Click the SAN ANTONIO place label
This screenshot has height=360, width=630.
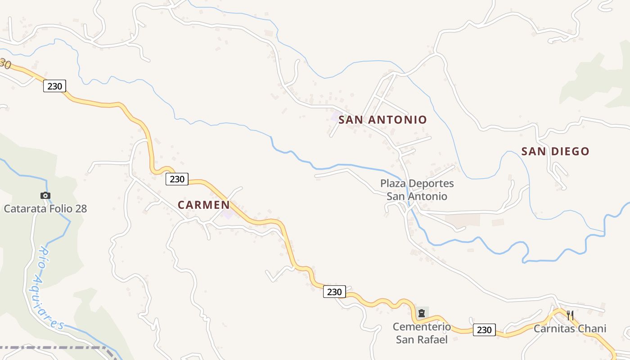coord(382,120)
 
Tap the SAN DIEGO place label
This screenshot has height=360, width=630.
coord(555,152)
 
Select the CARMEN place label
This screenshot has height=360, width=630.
coord(203,205)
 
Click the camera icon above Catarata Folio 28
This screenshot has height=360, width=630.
coord(45,195)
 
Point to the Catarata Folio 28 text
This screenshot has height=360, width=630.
coord(45,209)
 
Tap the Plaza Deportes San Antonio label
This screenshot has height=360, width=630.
coord(417,190)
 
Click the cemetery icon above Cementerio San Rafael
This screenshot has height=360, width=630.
coord(422,313)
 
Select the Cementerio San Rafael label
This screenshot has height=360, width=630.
coord(422,333)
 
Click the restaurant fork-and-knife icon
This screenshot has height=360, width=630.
coord(570,315)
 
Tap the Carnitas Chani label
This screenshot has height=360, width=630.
coord(570,329)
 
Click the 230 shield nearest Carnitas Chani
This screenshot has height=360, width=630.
coord(484,330)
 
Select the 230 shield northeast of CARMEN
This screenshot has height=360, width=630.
coord(177,179)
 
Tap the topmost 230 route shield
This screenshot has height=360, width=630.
coord(54,86)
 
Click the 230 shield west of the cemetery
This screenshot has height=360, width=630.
coord(334,292)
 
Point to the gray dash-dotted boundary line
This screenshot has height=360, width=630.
coord(54,348)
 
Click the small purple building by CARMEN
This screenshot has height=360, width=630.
coord(228,213)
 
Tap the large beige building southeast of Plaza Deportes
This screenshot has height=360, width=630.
coord(462,220)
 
